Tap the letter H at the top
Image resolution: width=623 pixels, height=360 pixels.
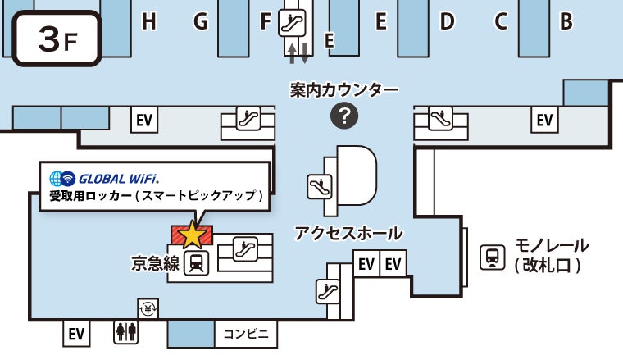[148, 22]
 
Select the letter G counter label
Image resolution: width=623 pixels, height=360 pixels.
[201, 22]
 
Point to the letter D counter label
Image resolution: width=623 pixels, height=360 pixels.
[447, 22]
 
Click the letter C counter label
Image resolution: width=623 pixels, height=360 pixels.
[501, 22]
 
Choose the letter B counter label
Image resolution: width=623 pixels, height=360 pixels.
[566, 22]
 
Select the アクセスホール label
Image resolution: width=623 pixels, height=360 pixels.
[348, 233]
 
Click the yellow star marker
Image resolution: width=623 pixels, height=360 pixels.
[192, 235]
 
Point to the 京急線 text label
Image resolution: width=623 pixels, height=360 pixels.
[155, 264]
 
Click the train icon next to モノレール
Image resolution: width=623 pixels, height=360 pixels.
[492, 257]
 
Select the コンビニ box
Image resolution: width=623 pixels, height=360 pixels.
[246, 334]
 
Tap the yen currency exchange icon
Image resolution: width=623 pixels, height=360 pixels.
[148, 309]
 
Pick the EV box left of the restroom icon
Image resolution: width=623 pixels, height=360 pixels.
[76, 334]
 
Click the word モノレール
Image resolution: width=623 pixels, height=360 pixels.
[551, 246]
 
